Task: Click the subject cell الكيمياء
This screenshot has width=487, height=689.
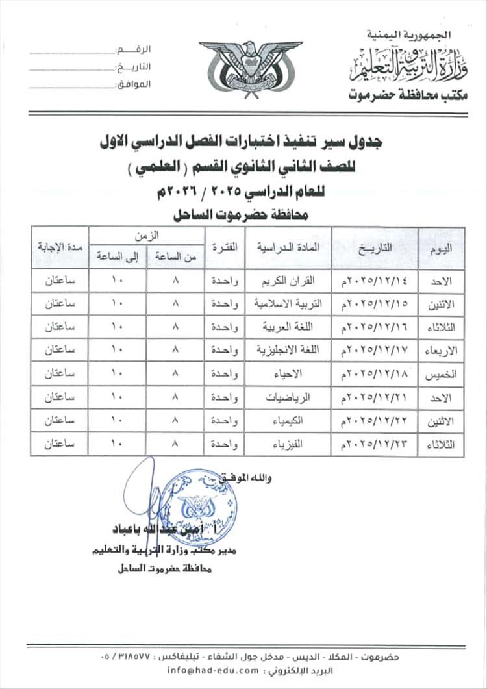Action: [x=288, y=421]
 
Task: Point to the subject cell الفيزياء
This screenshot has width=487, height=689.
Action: [x=288, y=444]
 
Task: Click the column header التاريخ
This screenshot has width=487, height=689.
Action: [x=375, y=247]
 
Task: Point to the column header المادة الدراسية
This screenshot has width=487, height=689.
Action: [x=288, y=247]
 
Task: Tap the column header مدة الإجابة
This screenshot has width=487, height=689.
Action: [x=59, y=247]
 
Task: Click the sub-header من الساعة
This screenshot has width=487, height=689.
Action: [x=175, y=258]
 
